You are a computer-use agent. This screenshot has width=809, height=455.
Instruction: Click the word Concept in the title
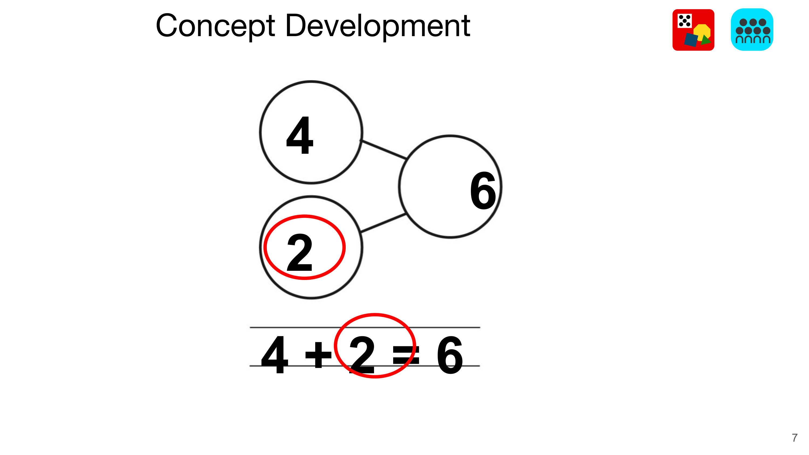coord(215,27)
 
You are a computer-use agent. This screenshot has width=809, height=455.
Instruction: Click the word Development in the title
coord(378,27)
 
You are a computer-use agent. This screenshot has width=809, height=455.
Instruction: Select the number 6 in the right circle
coord(483,191)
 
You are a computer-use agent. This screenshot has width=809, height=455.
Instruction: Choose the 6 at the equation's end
coord(450,355)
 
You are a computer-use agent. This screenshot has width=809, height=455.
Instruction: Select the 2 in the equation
coord(362,355)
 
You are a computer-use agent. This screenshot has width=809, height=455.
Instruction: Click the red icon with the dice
coord(693,30)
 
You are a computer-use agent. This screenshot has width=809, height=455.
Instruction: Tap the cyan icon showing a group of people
coord(752,30)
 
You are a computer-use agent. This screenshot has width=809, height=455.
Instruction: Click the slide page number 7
coord(794,437)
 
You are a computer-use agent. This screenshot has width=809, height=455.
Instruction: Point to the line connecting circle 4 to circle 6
coord(384,149)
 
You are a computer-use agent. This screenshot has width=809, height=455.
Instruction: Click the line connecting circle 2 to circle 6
coord(383,223)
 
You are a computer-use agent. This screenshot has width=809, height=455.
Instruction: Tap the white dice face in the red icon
coord(684,21)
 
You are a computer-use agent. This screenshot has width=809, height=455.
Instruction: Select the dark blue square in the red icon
coord(691,40)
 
